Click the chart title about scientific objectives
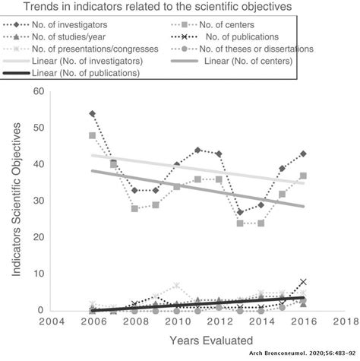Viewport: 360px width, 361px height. (179, 8)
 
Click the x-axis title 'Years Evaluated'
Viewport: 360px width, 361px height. (196, 338)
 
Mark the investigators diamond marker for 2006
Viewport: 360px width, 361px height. (93, 114)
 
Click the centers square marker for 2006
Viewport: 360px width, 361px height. (93, 136)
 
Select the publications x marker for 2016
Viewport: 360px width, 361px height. (302, 282)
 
